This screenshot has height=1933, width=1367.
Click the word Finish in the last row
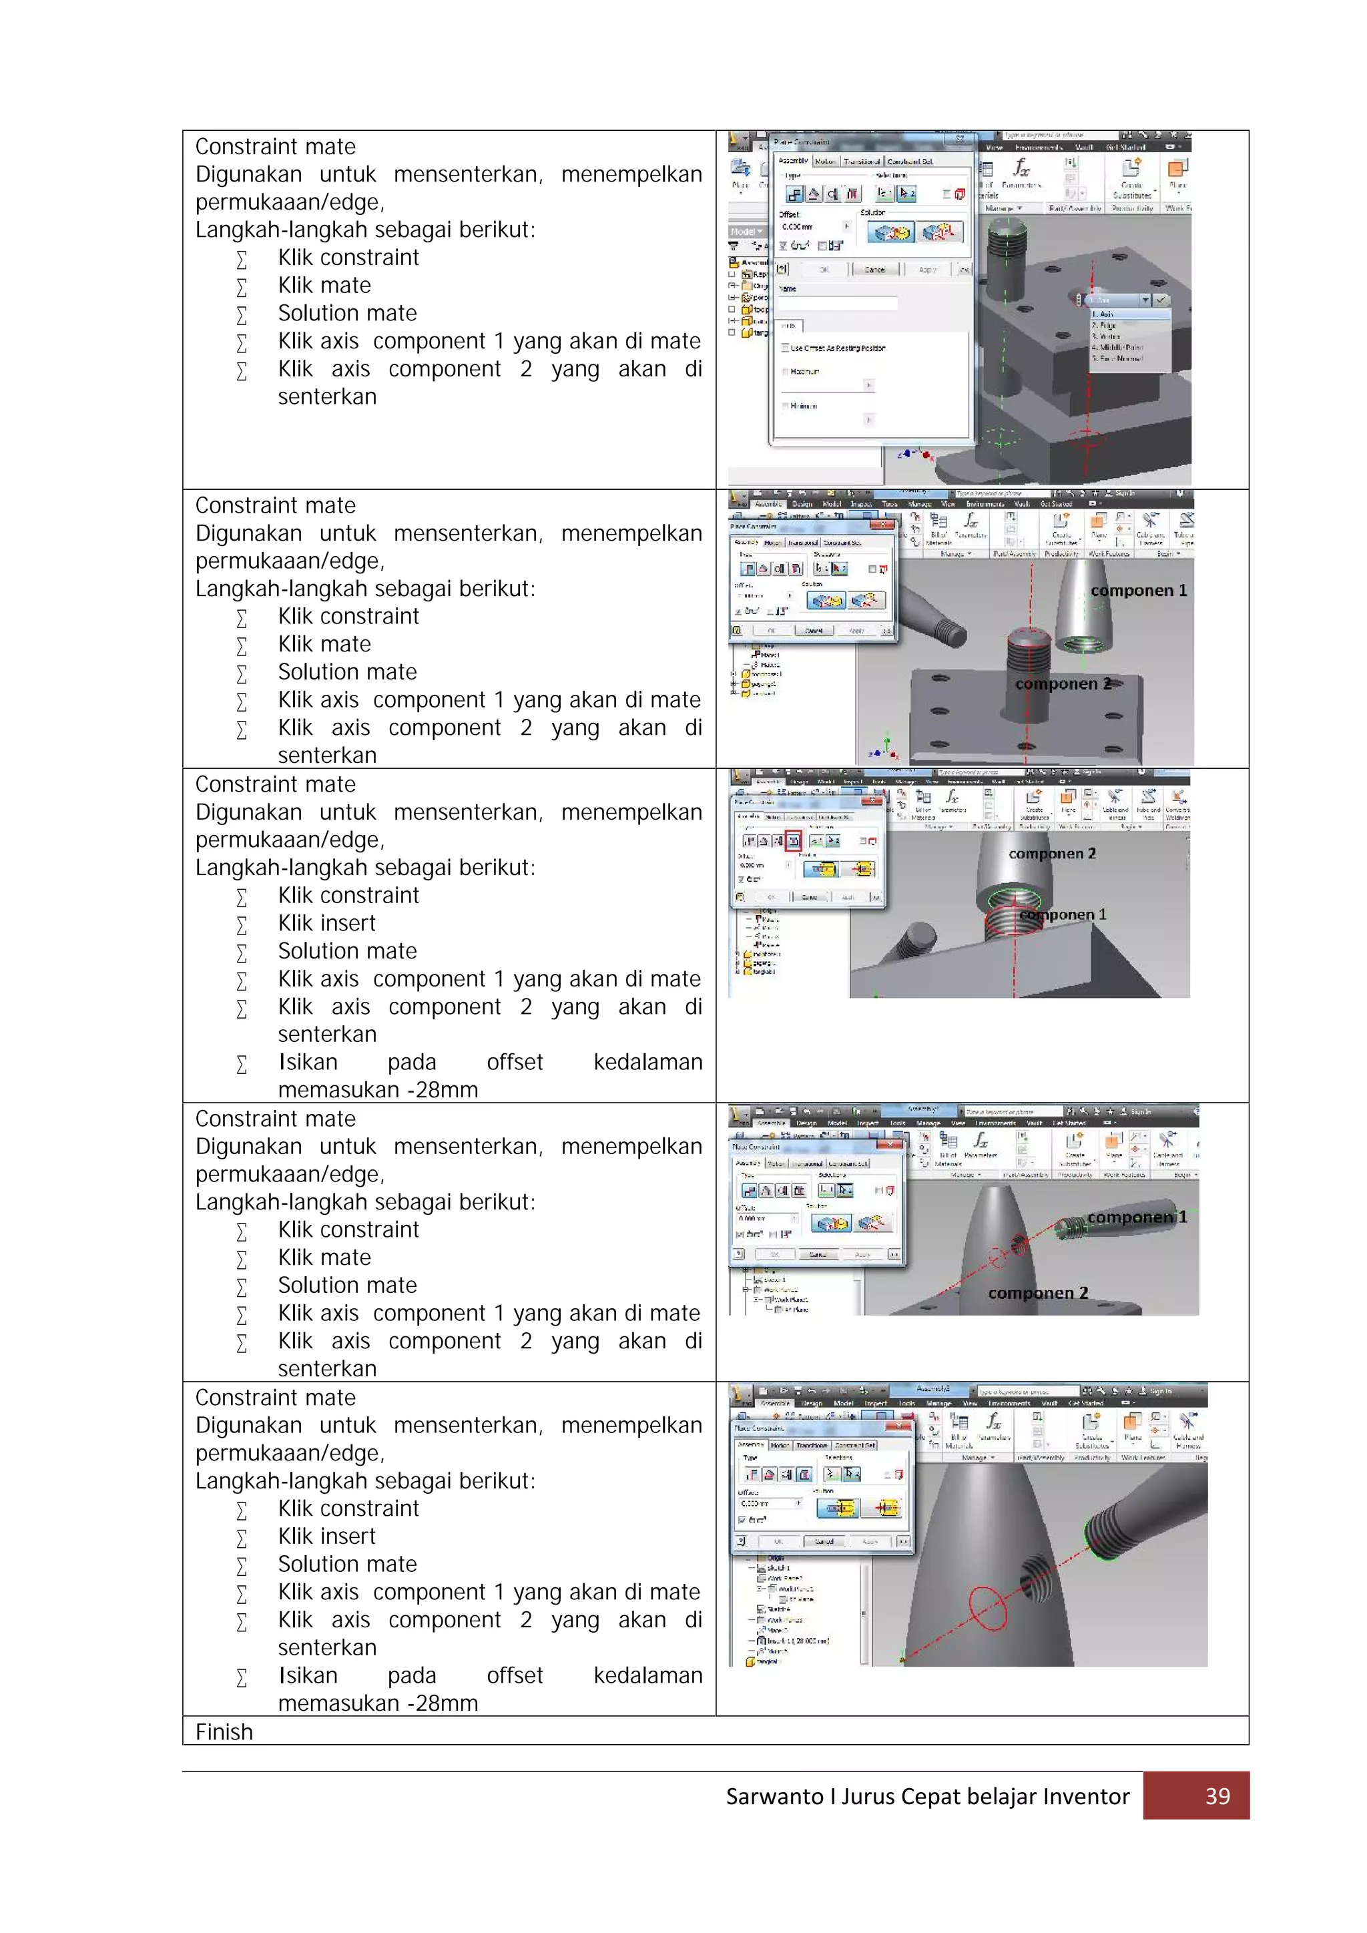click(x=224, y=1732)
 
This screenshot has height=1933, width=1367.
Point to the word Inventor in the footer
click(x=1086, y=1797)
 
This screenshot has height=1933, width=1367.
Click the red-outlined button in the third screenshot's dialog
click(x=793, y=840)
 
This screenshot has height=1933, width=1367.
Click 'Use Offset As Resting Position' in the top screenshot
click(x=837, y=348)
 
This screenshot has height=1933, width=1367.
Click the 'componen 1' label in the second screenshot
click(x=1138, y=591)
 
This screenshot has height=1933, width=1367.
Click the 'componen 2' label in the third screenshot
click(x=1052, y=854)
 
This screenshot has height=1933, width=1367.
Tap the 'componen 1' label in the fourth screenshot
click(x=1136, y=1217)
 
